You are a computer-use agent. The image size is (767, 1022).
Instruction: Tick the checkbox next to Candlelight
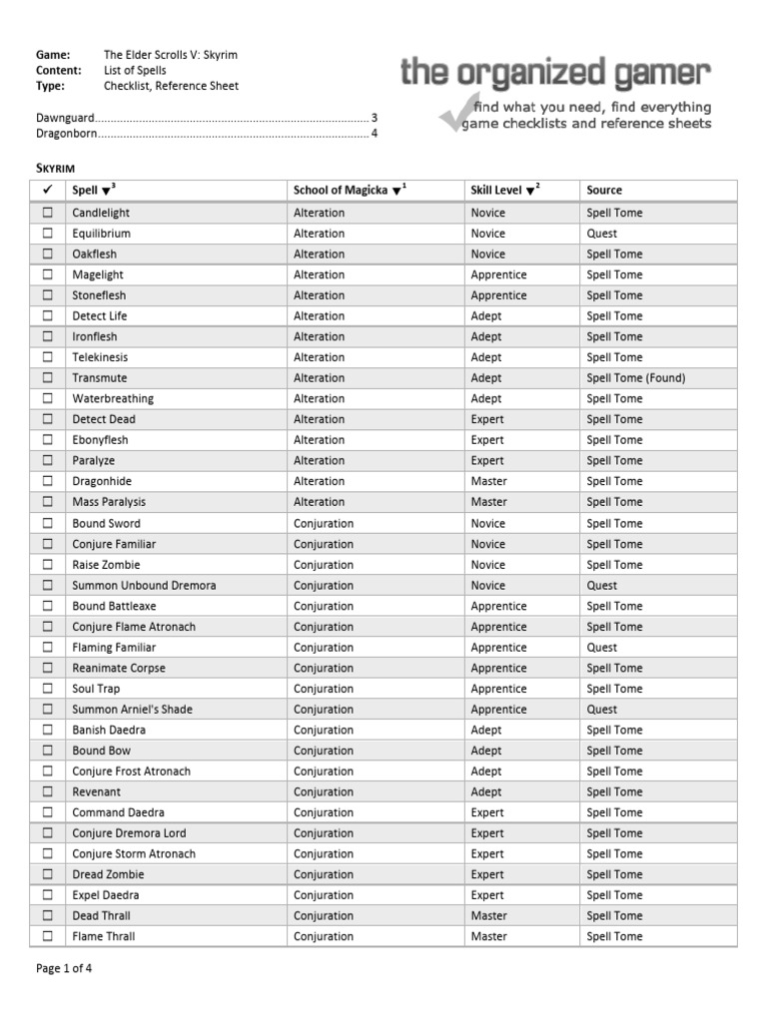pos(47,213)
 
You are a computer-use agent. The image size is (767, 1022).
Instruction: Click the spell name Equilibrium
pos(101,234)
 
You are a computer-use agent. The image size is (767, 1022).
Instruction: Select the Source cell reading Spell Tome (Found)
pos(636,378)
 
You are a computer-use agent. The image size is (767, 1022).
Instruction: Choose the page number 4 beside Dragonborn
pos(374,133)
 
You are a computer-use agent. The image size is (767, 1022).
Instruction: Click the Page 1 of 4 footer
pos(64,967)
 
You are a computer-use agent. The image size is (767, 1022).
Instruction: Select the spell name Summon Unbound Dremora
pos(144,585)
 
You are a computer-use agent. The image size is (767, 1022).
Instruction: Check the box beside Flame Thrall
pos(47,936)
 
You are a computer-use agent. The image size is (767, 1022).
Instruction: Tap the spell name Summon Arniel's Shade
pos(132,710)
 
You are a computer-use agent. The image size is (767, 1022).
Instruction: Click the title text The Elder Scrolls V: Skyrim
pos(171,55)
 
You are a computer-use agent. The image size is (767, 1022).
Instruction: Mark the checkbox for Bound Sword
pos(47,523)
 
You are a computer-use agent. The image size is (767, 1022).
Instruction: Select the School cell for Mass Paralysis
pos(319,502)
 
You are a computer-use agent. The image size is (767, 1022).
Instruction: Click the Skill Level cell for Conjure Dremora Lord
pos(487,833)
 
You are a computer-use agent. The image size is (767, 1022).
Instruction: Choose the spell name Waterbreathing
pos(113,398)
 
